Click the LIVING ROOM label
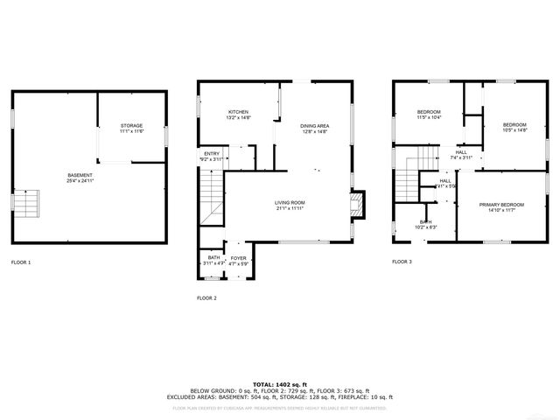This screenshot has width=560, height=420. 290,205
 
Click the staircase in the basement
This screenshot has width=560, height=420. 26,205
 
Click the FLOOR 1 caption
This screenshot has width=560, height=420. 21,262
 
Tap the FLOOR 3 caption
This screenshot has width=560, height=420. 402,262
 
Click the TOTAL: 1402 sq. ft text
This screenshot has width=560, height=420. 280,384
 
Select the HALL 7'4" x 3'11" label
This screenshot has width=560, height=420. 460,155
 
